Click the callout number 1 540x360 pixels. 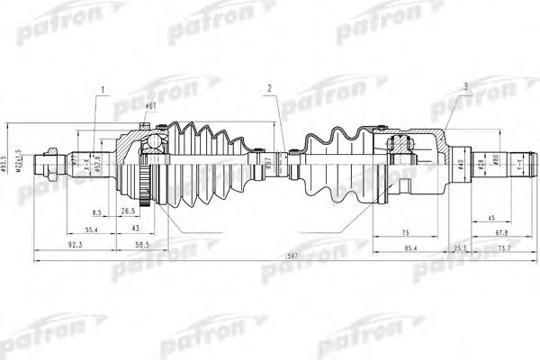(103, 88)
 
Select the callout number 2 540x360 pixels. (268, 88)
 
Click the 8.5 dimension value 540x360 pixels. (95, 211)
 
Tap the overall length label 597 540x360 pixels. (287, 256)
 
